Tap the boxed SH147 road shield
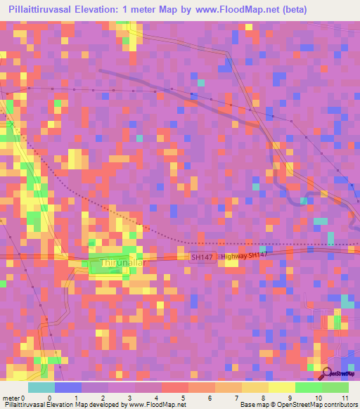(x=202, y=258)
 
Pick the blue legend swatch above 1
(x=67, y=387)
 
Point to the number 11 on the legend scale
(x=345, y=398)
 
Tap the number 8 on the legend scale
(x=242, y=398)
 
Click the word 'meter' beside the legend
(x=12, y=398)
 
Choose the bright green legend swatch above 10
(x=309, y=387)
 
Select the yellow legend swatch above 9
(x=282, y=387)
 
